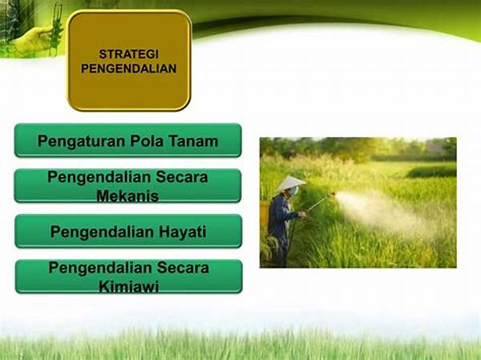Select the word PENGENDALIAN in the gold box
[128, 69]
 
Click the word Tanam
[194, 141]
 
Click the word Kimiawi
[127, 285]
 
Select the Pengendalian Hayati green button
[127, 232]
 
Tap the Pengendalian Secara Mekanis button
[127, 186]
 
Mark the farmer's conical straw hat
[290, 183]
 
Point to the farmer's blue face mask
[294, 192]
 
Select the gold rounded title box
[128, 60]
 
